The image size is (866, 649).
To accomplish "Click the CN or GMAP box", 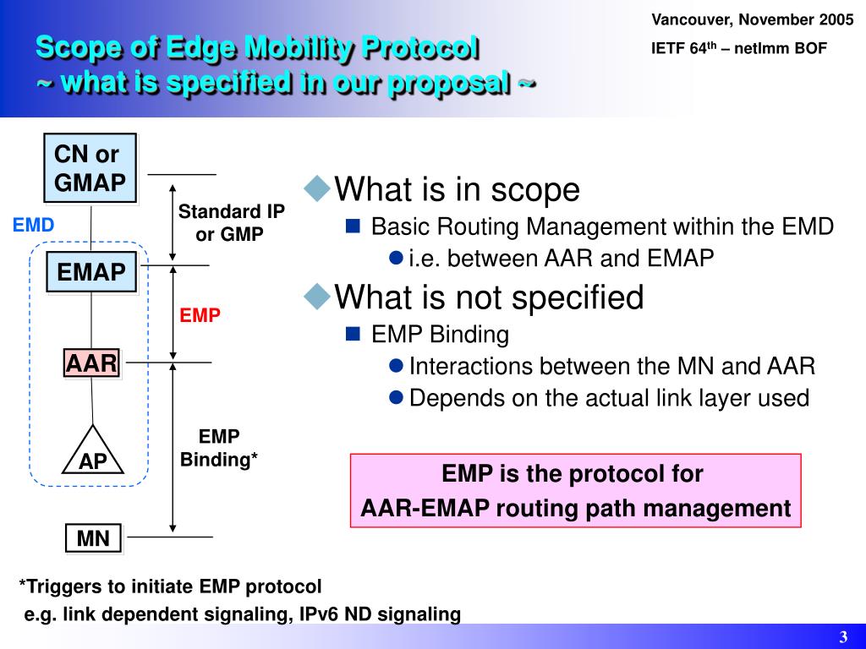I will (90, 168).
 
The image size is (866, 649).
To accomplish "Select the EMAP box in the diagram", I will (91, 271).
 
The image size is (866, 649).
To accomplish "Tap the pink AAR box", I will (92, 363).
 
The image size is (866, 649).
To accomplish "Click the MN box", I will (93, 538).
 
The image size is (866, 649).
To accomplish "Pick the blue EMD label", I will (33, 225).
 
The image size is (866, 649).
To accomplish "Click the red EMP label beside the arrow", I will (200, 315).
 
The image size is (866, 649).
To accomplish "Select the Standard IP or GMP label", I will (231, 223).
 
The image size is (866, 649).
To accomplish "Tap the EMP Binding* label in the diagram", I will (219, 448).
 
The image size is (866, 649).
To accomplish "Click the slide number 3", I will (843, 636).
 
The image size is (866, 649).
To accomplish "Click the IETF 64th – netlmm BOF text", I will (738, 48).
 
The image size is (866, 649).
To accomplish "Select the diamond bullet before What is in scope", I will (318, 188).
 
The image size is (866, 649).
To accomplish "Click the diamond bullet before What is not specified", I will (318, 296).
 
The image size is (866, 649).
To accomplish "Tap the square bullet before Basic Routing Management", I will (354, 226).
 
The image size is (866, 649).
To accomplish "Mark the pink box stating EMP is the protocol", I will (575, 490).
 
